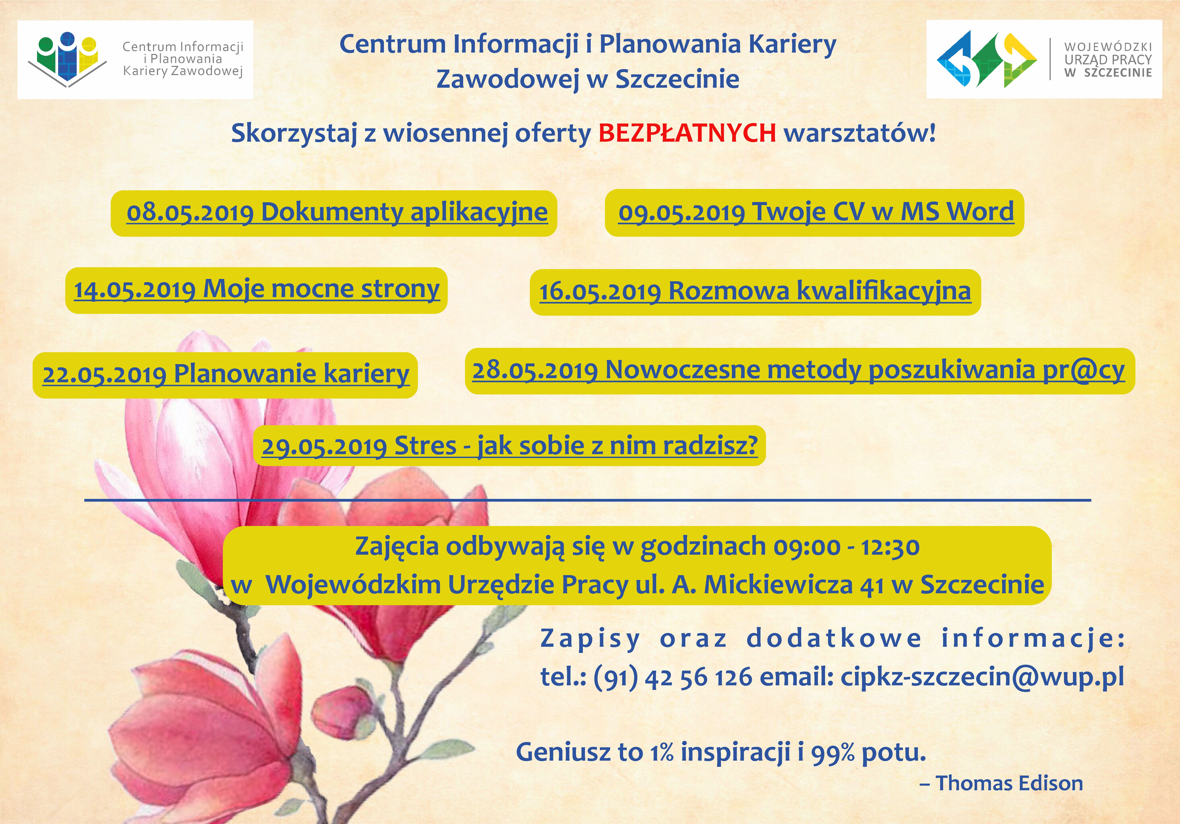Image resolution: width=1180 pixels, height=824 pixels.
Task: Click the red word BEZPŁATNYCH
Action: (687, 133)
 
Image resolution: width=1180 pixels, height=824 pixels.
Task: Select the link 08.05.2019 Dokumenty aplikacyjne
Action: (337, 212)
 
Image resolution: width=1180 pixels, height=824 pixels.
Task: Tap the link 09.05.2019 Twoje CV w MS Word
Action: (816, 212)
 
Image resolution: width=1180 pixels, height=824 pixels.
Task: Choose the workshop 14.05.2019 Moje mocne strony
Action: (257, 289)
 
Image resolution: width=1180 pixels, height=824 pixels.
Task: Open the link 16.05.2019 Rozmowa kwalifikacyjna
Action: (755, 291)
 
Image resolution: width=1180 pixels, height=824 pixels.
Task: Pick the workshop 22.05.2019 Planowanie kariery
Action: (226, 374)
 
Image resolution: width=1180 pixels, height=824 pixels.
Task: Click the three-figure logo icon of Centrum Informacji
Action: (68, 58)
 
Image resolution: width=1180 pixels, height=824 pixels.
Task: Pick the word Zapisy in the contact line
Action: (591, 639)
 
